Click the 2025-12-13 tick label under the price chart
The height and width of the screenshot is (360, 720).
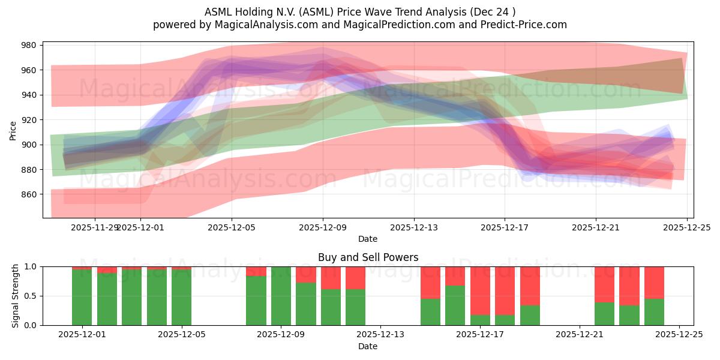[413, 227]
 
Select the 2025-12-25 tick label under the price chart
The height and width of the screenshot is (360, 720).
[686, 227]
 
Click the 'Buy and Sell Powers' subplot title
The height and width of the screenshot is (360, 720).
[368, 257]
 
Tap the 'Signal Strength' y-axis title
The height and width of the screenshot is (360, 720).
[16, 296]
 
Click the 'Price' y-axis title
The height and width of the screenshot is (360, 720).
[13, 130]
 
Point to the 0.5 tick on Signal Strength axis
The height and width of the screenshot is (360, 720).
[31, 296]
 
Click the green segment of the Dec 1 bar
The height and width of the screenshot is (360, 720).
[82, 298]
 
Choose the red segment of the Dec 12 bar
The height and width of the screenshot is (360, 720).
[356, 278]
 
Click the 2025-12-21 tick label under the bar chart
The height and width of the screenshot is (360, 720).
[580, 335]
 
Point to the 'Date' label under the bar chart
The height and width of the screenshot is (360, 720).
[368, 346]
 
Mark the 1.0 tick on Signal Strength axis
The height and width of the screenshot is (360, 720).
[31, 266]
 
